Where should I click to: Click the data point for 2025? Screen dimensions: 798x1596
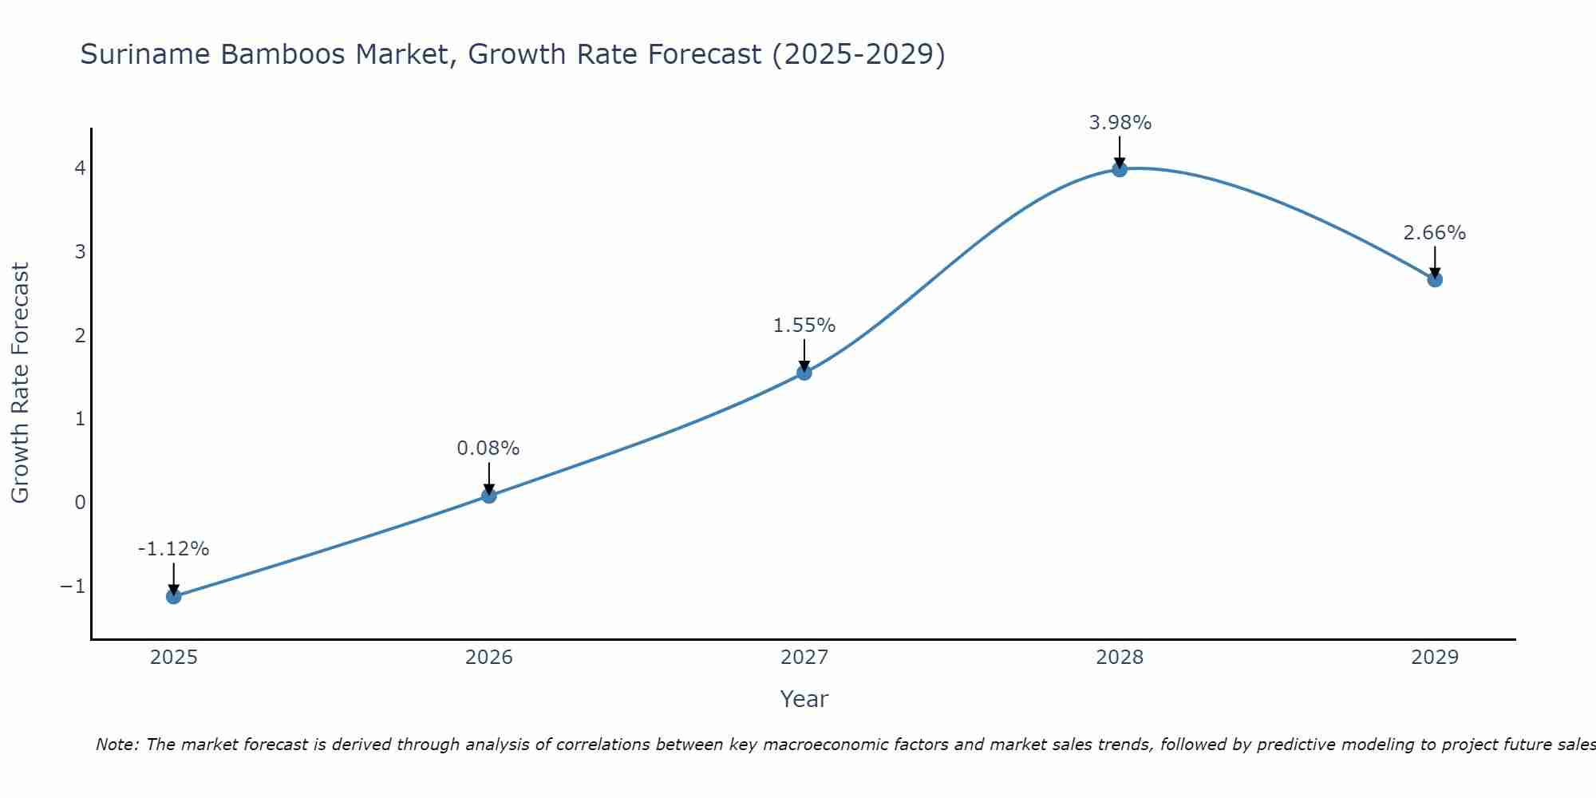click(174, 596)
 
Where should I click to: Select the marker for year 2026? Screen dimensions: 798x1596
click(489, 496)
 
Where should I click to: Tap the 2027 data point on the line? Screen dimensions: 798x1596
click(804, 372)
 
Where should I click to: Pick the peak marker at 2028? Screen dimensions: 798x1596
click(1120, 169)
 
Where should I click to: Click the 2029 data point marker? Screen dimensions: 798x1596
click(1435, 279)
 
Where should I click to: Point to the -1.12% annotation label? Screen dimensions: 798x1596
click(173, 549)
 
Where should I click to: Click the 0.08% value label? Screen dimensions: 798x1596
click(488, 448)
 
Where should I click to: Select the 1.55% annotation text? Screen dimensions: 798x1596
click(804, 326)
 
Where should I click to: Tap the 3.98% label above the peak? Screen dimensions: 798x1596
click(1120, 123)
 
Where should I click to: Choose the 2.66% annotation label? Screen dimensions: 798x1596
click(1435, 233)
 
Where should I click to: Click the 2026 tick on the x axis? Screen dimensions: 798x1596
click(489, 658)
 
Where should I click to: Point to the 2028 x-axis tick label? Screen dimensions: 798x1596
click(1120, 658)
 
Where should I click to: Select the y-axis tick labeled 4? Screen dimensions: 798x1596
click(80, 168)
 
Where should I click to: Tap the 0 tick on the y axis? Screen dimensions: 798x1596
click(80, 503)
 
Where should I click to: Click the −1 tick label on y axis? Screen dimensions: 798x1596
click(73, 587)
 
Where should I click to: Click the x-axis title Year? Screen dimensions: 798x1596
click(804, 699)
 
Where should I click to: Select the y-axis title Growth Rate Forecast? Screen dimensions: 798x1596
click(20, 383)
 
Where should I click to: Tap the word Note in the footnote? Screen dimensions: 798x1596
click(117, 745)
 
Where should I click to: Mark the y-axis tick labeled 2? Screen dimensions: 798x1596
click(80, 335)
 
